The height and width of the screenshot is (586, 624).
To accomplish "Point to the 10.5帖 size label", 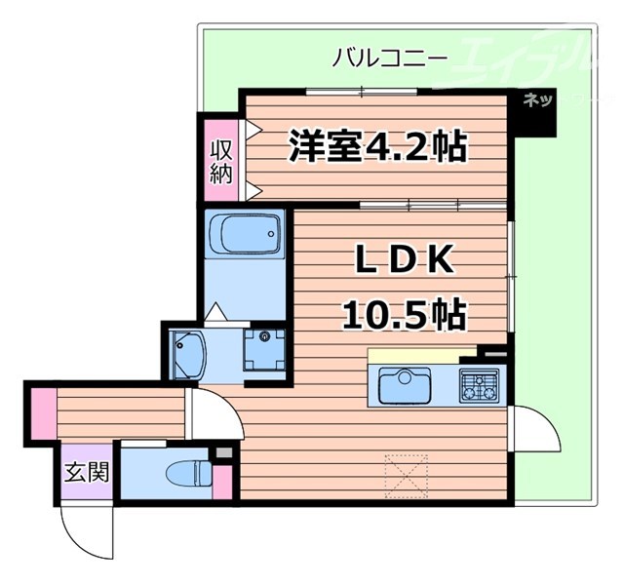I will tap(401, 314).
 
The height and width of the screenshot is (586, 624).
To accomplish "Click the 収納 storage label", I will tap(220, 162).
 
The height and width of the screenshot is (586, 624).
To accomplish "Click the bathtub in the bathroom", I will tap(244, 235).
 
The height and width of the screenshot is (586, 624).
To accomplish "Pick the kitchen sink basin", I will tap(405, 386).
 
